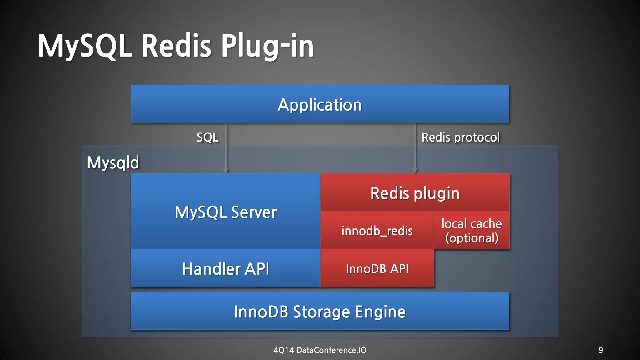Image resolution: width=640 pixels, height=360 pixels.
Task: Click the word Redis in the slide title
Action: pyautogui.click(x=176, y=46)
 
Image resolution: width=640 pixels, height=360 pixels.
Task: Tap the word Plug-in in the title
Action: pyautogui.click(x=267, y=46)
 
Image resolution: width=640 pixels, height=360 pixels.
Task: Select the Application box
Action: pyautogui.click(x=320, y=104)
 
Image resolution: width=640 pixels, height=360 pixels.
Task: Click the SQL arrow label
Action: pyautogui.click(x=207, y=137)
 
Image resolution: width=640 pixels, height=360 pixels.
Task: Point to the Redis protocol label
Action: pyautogui.click(x=461, y=137)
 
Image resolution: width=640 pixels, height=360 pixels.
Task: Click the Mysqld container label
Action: pyautogui.click(x=113, y=162)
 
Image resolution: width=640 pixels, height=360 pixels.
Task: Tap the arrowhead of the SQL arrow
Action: pyautogui.click(x=226, y=170)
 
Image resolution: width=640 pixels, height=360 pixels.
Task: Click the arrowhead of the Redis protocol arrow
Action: pyautogui.click(x=415, y=170)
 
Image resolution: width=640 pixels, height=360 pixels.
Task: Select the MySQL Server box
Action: pyautogui.click(x=226, y=212)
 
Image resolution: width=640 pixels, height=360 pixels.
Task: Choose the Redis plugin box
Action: pyautogui.click(x=415, y=193)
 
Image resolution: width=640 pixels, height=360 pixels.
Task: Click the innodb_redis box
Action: pyautogui.click(x=377, y=231)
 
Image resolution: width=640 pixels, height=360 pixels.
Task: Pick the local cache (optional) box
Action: pyautogui.click(x=472, y=231)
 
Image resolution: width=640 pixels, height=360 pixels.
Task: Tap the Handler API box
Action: pyautogui.click(x=226, y=269)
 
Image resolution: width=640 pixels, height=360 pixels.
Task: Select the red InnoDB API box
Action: pyautogui.click(x=377, y=269)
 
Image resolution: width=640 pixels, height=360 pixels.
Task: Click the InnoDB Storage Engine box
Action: pyautogui.click(x=320, y=312)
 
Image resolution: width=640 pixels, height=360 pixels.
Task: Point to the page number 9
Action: pyautogui.click(x=601, y=350)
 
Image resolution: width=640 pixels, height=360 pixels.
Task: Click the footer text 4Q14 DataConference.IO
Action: pyautogui.click(x=320, y=350)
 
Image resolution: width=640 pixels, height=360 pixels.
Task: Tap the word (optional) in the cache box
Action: pyautogui.click(x=472, y=238)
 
